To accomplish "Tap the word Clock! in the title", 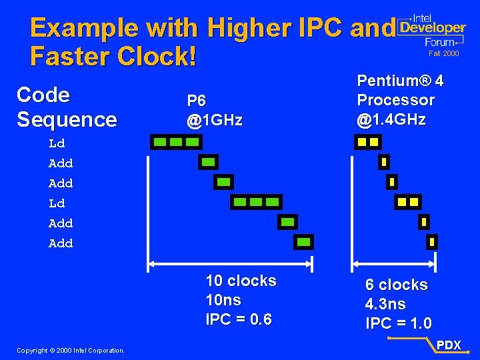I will point(157,57).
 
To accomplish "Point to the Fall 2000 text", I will point(443,53).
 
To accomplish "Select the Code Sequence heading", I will point(66,107).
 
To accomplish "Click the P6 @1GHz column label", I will point(214,111).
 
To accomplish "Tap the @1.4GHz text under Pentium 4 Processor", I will point(391,120).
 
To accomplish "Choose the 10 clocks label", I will point(241,281).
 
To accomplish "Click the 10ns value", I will point(223,300).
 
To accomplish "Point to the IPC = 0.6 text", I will point(239,319).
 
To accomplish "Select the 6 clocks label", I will point(396,285).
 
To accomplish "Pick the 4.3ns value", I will point(385,304).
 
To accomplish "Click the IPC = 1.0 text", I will point(398,323).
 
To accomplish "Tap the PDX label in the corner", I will point(449,345).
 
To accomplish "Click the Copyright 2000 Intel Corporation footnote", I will point(70,350).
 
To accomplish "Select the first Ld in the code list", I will point(57,143).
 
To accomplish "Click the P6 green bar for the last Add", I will point(304,241).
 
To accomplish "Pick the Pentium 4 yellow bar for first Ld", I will point(367,141).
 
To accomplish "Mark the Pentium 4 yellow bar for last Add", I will point(432,241).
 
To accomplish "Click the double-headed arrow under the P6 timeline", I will point(230,264).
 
